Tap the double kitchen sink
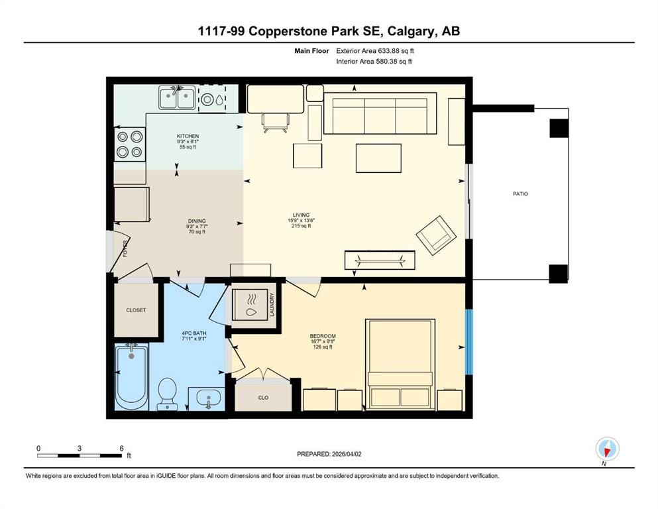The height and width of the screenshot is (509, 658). (x=176, y=99)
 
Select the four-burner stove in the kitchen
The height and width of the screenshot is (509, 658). (x=129, y=144)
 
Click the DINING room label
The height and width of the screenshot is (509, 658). (x=196, y=221)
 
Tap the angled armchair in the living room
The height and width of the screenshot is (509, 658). (x=435, y=235)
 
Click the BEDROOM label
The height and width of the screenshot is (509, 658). (x=321, y=336)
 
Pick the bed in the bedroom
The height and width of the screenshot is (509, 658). (x=400, y=365)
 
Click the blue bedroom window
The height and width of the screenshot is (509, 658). (x=469, y=342)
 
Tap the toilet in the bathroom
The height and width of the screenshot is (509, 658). (x=167, y=394)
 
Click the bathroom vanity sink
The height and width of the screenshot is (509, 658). (x=209, y=399)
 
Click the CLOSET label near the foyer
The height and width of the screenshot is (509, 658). (x=136, y=310)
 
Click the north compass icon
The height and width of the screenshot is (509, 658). (x=607, y=449)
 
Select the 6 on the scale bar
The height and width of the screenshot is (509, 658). (x=121, y=448)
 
